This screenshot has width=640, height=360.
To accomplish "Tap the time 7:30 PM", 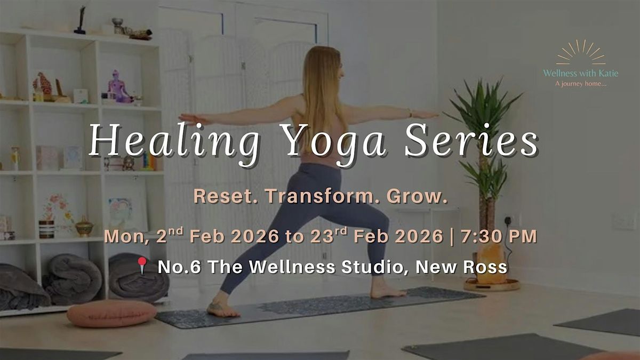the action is pyautogui.click(x=499, y=237).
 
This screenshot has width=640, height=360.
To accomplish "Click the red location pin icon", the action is pyautogui.click(x=142, y=265).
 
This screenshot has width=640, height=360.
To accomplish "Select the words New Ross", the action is pyautogui.click(x=461, y=267).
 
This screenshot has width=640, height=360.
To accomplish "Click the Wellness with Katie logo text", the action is pyautogui.click(x=581, y=74).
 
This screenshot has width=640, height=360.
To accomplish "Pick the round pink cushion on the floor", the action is pyautogui.click(x=111, y=313).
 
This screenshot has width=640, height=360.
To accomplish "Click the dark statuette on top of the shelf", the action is pyautogui.click(x=81, y=20).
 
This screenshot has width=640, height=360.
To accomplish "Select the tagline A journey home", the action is pyautogui.click(x=581, y=84).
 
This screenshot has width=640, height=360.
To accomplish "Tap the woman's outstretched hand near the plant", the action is pyautogui.click(x=426, y=115).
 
